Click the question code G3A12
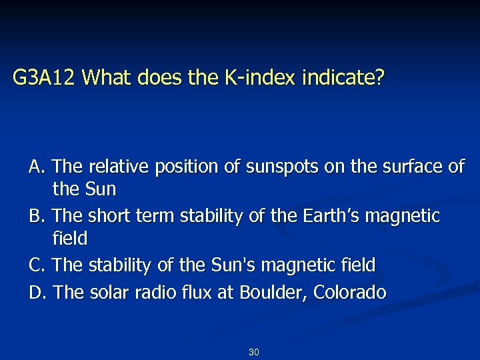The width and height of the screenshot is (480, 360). [x=45, y=79]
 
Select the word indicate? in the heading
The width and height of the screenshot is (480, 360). [x=343, y=79]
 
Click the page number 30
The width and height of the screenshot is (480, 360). [x=253, y=351]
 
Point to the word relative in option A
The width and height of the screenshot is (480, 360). [x=115, y=166]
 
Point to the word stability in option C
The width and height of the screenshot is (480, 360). [x=116, y=265]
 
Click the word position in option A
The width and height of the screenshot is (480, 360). [x=181, y=166]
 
